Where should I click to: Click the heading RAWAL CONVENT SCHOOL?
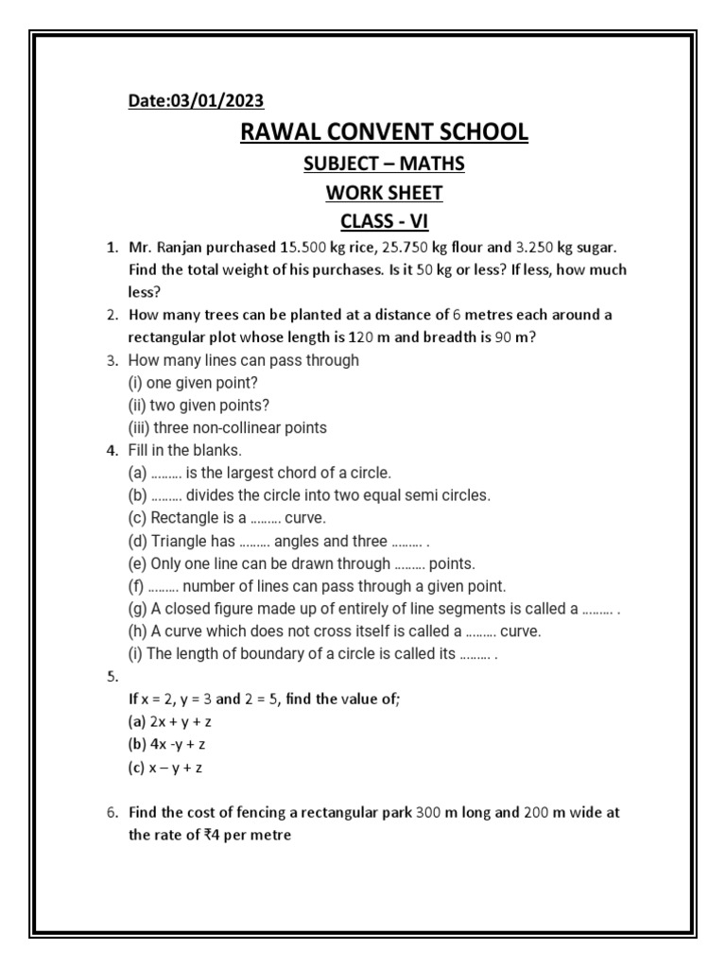385,131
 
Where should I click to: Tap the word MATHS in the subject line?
432,164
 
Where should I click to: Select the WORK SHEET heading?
385,194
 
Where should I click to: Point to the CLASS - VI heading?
385,223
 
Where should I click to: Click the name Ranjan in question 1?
183,248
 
